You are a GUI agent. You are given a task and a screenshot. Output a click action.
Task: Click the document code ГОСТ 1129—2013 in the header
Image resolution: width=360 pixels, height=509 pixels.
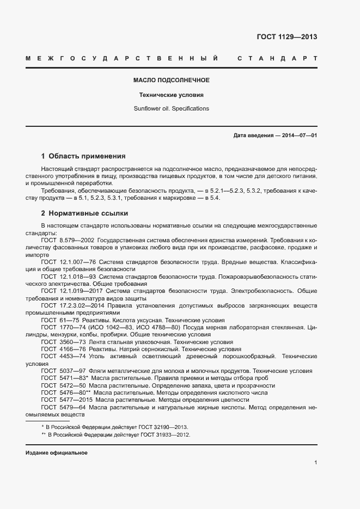click(x=286, y=37)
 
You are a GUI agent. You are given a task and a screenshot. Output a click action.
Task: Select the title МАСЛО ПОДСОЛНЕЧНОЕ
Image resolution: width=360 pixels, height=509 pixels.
click(x=172, y=80)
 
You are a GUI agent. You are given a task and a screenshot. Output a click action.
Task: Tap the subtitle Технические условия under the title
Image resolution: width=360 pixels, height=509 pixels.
click(x=172, y=94)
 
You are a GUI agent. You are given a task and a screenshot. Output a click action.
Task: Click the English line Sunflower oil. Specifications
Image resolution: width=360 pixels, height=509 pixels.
click(x=172, y=108)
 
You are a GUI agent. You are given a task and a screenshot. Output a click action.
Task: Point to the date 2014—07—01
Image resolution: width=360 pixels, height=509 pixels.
click(x=298, y=135)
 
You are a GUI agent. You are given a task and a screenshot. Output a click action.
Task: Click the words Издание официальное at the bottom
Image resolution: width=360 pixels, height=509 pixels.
click(x=56, y=453)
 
